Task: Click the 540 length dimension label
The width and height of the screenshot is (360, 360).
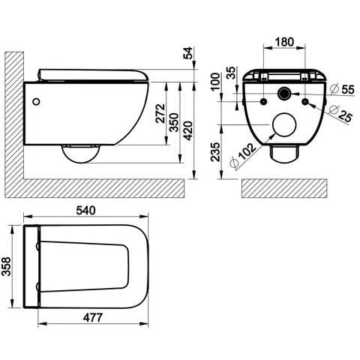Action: point(85,211)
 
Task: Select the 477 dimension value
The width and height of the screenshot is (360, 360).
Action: point(93,318)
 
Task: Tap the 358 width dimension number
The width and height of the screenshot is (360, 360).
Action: point(6,266)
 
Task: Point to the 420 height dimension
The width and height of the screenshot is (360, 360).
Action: point(188,130)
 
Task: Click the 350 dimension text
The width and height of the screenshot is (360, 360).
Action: point(174,122)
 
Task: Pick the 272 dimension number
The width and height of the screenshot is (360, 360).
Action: point(160,113)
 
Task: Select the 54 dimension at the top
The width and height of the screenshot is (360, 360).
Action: point(188,52)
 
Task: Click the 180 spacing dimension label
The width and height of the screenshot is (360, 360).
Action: point(284,42)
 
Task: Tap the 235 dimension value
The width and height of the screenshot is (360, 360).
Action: point(215,152)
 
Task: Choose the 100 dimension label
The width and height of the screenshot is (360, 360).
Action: point(215,82)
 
